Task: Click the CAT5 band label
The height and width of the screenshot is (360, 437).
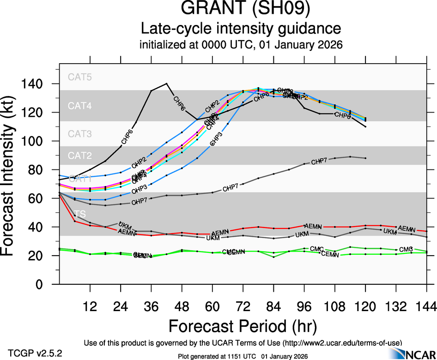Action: [80, 77]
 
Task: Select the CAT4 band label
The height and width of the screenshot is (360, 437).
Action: [80, 106]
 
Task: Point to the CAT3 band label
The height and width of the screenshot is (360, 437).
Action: [80, 134]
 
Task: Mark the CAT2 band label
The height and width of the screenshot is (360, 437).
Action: [80, 156]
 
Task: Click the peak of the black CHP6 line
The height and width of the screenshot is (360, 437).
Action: [166, 84]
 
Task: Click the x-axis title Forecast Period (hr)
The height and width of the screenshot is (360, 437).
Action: [243, 326]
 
